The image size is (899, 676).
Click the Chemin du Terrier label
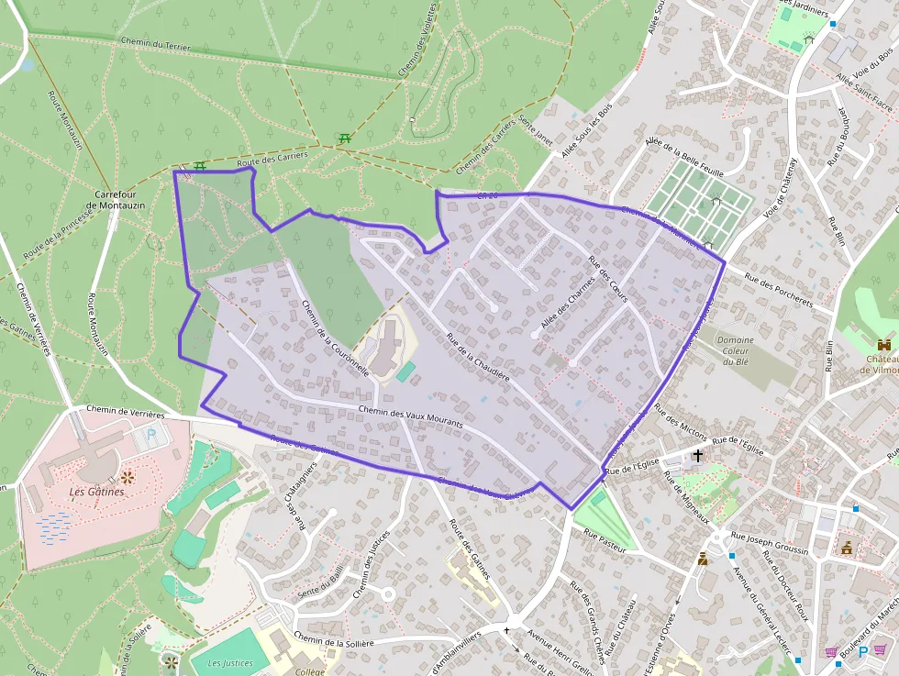pyautogui.click(x=155, y=44)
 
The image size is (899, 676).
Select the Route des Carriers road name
pyautogui.click(x=272, y=160)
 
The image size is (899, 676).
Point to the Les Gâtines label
pyautogui.click(x=96, y=492)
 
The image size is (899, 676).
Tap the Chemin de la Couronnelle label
pyautogui.click(x=335, y=338)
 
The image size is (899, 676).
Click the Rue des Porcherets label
pyautogui.click(x=779, y=290)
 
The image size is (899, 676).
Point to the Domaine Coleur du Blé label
pyautogui.click(x=735, y=350)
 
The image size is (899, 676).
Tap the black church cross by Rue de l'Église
pyautogui.click(x=698, y=455)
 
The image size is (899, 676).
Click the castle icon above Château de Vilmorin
pyautogui.click(x=884, y=344)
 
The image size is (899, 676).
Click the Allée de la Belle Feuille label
pyautogui.click(x=684, y=158)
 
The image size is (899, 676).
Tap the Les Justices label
pyautogui.click(x=229, y=663)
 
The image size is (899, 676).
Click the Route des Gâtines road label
pyautogui.click(x=468, y=549)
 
